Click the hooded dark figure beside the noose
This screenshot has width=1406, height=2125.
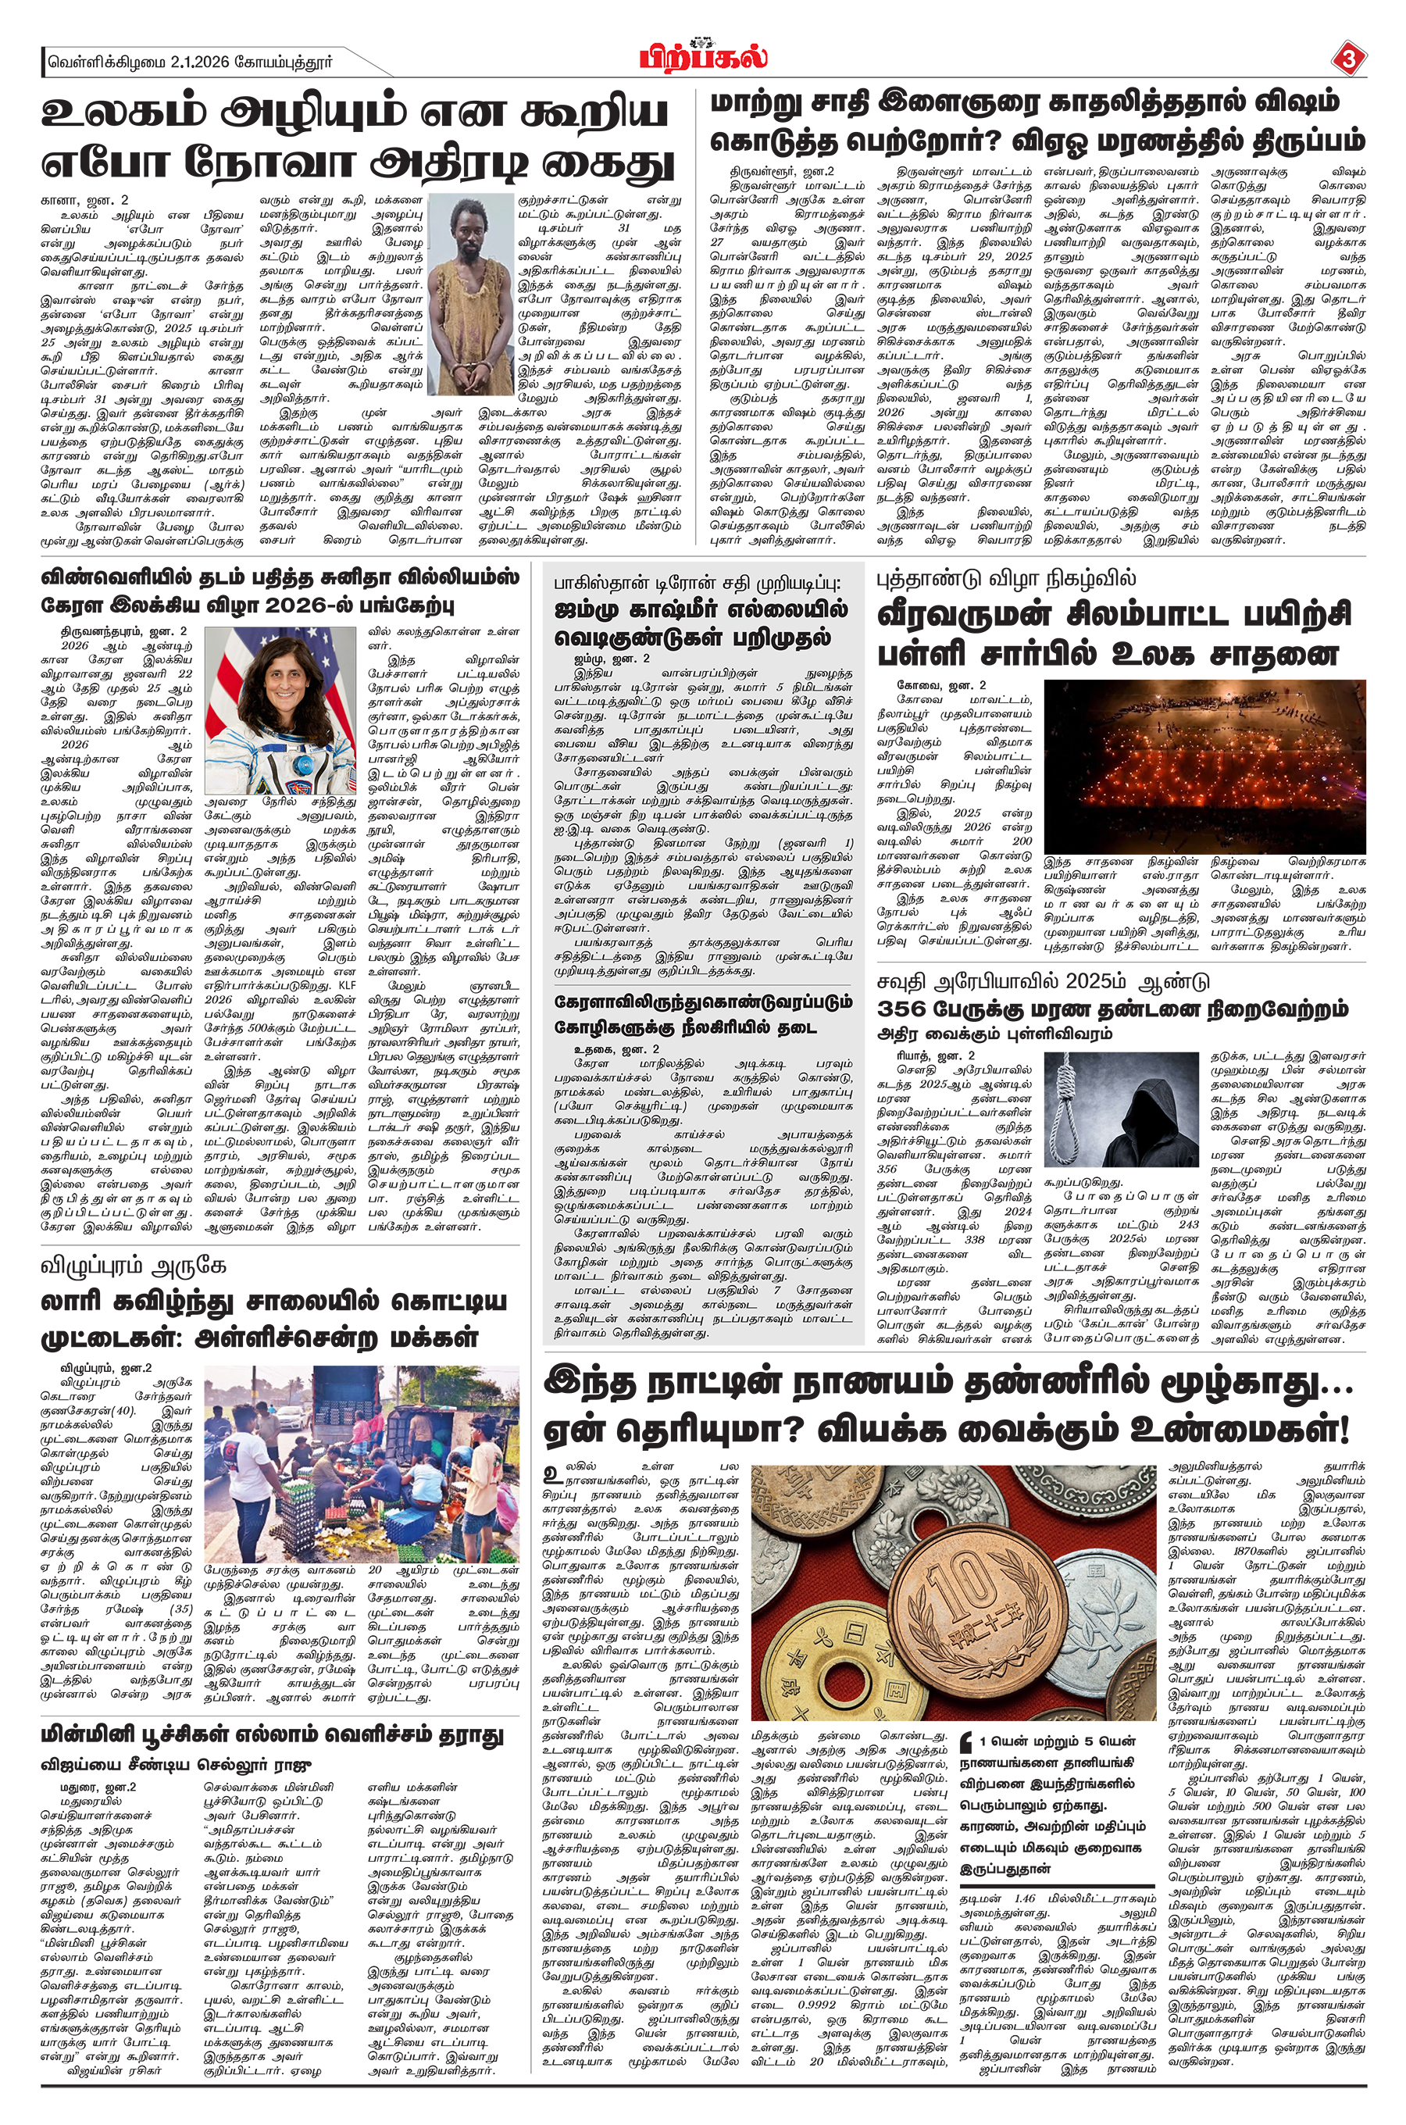pos(1150,1112)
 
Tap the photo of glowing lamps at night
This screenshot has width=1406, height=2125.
pos(1204,765)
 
